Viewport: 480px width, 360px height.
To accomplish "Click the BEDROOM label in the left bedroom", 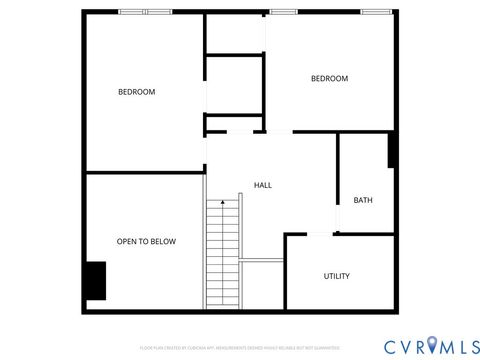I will (x=137, y=92).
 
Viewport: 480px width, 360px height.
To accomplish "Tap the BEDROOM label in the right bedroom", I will (x=329, y=79).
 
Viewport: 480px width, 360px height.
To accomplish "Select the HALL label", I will (x=263, y=185).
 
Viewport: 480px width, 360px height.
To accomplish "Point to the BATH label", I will (x=363, y=200).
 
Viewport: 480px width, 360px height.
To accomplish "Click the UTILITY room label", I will (x=336, y=276).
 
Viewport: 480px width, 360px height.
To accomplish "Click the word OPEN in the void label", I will (x=127, y=241).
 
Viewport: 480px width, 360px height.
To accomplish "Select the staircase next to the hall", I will (x=223, y=255).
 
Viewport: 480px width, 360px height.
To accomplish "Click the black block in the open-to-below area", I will (x=95, y=280).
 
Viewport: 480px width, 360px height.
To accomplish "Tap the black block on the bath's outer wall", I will (x=393, y=149).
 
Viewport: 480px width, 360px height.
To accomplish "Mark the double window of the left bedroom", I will (x=146, y=11).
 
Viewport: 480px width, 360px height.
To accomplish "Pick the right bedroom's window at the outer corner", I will (x=376, y=11).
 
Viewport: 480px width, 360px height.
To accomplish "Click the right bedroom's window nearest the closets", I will (x=284, y=11).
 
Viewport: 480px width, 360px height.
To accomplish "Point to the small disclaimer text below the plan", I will (x=239, y=348).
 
